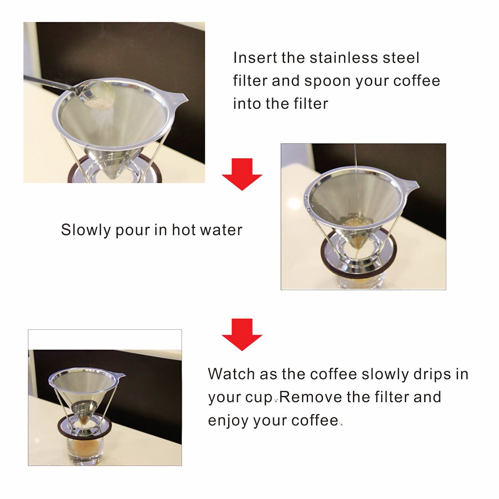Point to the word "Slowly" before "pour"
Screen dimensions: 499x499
tap(86, 230)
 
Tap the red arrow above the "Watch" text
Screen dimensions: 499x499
tap(242, 335)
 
